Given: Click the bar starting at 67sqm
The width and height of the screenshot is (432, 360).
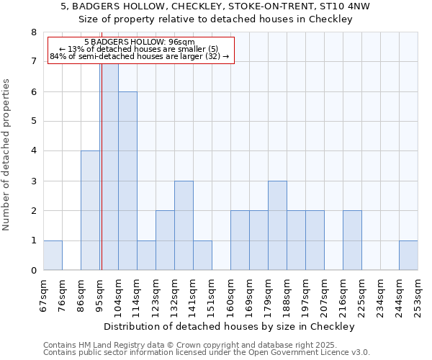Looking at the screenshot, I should point(53,256).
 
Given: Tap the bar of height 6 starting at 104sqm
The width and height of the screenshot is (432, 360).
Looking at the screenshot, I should point(127,181).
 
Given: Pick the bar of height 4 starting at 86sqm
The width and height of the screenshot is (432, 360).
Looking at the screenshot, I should point(90,210).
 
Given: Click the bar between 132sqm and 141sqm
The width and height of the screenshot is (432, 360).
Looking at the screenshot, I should point(184,225).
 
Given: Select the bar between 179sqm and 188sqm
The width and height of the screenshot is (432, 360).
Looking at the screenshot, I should point(277,225).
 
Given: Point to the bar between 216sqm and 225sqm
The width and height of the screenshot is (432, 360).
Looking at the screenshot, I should point(352,240).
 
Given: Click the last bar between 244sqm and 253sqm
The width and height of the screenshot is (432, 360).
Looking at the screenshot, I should point(408,256).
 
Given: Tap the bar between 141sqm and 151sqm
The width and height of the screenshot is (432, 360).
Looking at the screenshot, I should point(202,256).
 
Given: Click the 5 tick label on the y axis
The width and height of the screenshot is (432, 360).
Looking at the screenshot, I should point(33,122).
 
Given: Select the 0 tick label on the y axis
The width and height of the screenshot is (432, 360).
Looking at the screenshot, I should point(33,271).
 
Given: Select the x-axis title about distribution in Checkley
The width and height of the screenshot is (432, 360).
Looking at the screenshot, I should point(230,326).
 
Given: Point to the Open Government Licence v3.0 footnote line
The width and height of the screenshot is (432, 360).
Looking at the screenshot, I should point(207,352).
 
